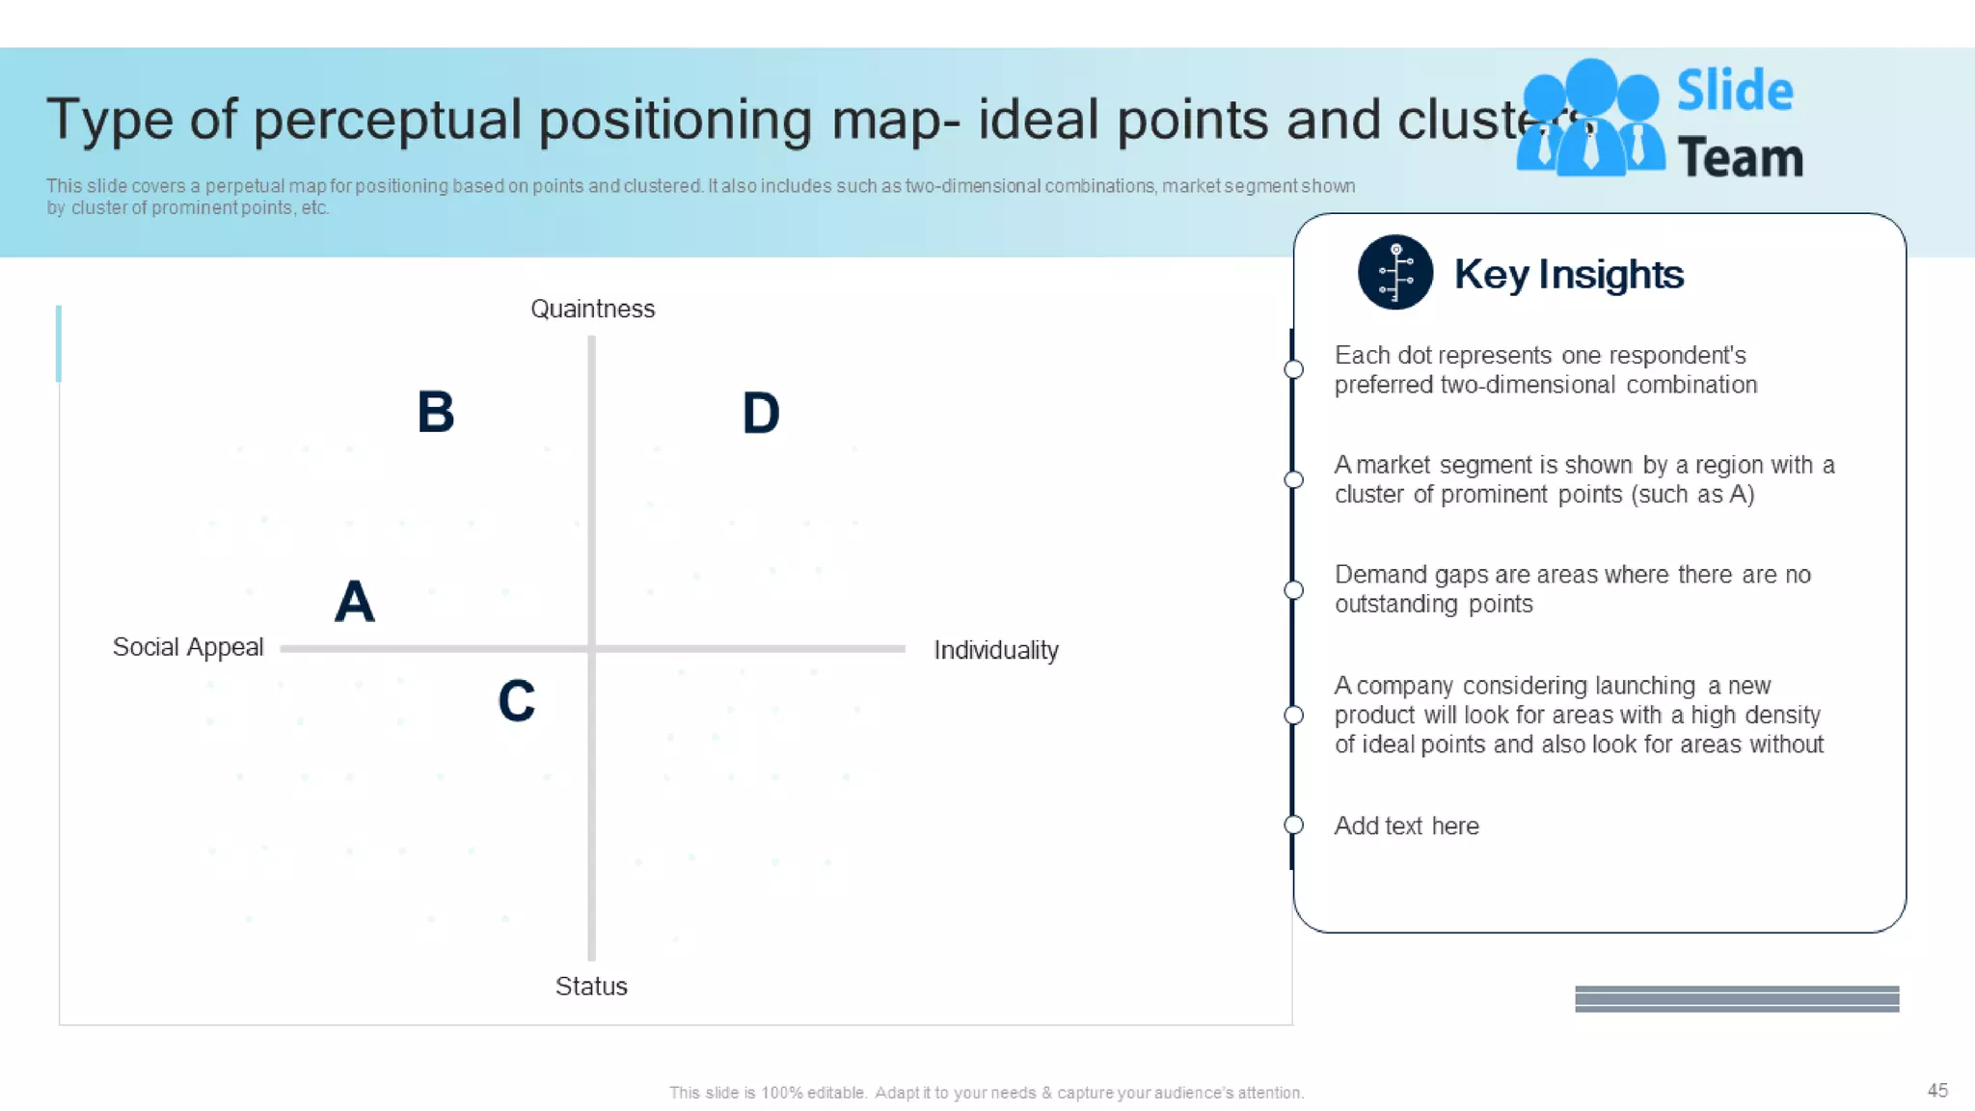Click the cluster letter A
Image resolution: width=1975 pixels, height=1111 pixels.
[x=355, y=602]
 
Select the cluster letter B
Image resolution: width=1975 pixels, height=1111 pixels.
[x=436, y=413]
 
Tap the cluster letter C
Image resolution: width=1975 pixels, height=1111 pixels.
[x=517, y=701]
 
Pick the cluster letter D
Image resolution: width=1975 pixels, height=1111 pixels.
[x=761, y=414]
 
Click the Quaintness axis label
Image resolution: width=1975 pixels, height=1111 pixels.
[x=592, y=310]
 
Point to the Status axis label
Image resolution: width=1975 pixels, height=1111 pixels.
[x=591, y=987]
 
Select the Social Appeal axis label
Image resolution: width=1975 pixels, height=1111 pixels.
[x=188, y=647]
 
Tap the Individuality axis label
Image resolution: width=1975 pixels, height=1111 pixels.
[x=996, y=651]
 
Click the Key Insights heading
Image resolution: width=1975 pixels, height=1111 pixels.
[x=1569, y=275]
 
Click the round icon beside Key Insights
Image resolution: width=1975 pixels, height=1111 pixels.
[x=1395, y=273]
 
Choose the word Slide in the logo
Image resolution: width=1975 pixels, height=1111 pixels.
[x=1735, y=92]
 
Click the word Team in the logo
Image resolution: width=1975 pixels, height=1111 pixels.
[x=1741, y=158]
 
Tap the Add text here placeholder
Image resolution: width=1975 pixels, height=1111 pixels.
[x=1406, y=826]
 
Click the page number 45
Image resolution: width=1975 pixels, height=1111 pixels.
[x=1937, y=1091]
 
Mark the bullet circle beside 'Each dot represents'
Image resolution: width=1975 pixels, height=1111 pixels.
[x=1294, y=369]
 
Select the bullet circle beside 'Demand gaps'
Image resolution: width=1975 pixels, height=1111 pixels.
[x=1294, y=590]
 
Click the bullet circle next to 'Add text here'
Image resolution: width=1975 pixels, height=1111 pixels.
[x=1294, y=826]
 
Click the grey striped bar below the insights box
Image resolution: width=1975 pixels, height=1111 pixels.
[x=1737, y=999]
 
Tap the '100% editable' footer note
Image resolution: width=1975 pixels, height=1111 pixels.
[x=987, y=1093]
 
